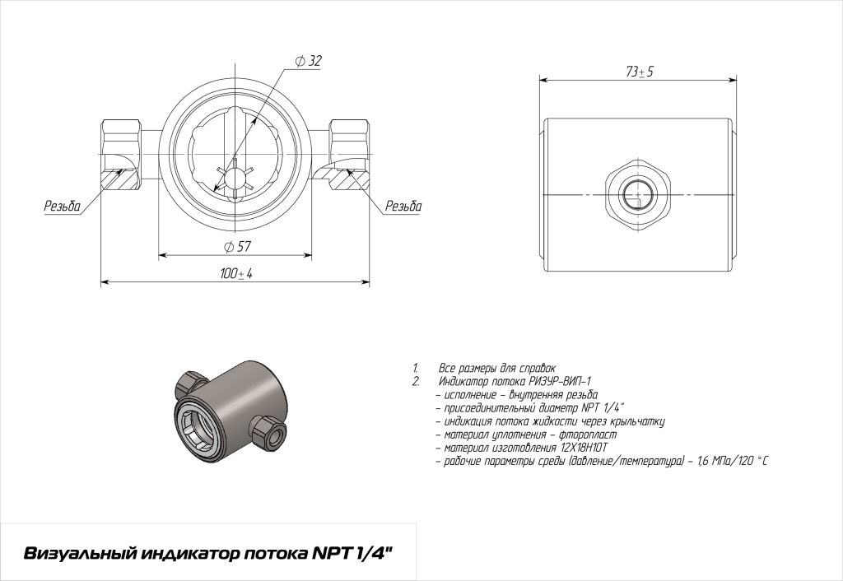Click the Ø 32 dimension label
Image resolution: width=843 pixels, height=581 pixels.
click(x=308, y=61)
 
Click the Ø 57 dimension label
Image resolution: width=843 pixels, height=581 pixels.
click(x=237, y=247)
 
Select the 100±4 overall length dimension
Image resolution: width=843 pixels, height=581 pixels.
click(x=236, y=273)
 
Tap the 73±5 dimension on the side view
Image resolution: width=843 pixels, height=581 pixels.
click(x=639, y=72)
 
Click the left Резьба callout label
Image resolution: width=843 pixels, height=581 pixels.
click(x=63, y=206)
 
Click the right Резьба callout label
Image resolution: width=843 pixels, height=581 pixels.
click(x=403, y=206)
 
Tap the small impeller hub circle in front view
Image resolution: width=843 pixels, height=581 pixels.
click(x=235, y=179)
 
